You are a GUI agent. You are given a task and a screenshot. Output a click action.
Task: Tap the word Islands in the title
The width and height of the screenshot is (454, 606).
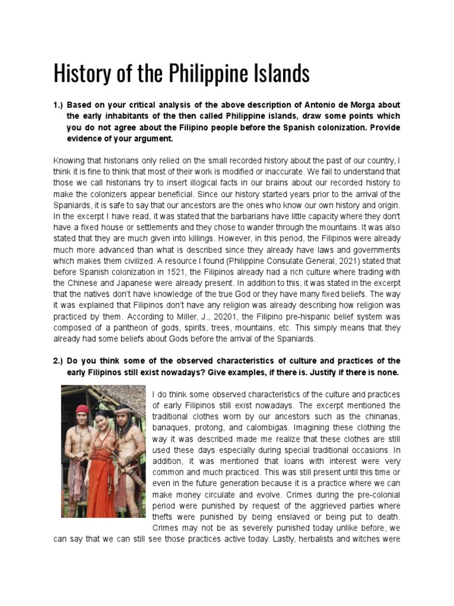(x=278, y=74)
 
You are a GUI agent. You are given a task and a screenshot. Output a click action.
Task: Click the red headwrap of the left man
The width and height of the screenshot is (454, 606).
(x=83, y=409)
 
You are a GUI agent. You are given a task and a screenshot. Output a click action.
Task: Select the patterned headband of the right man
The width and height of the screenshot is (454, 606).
(x=124, y=410)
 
